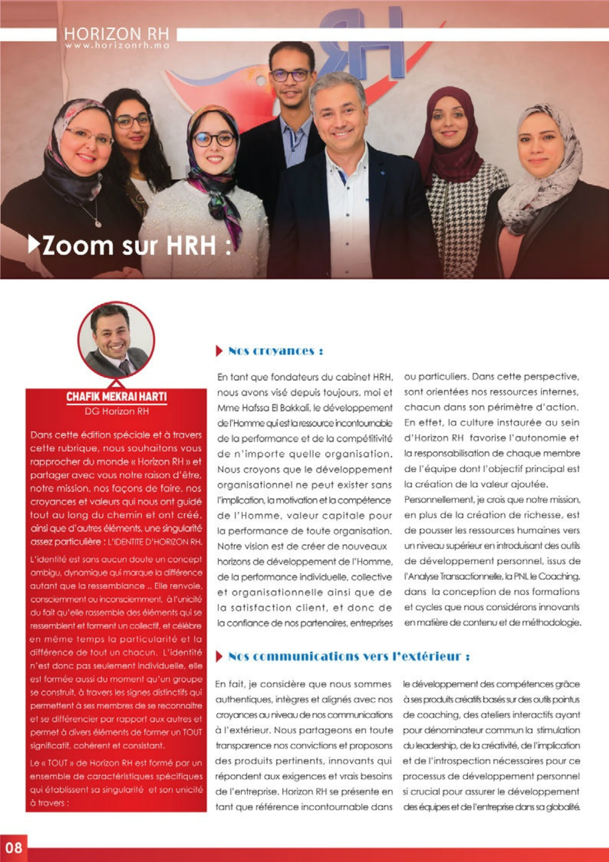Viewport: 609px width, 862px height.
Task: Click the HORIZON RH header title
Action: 116,34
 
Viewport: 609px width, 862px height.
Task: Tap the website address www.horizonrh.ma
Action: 117,45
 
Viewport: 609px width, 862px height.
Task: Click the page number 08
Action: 13,848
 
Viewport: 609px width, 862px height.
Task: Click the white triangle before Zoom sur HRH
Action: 34,244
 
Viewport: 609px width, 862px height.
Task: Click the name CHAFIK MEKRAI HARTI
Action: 116,397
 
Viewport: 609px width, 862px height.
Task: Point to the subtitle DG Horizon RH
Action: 116,411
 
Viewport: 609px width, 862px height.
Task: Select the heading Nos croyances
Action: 275,351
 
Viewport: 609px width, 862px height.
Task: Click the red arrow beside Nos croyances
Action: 219,351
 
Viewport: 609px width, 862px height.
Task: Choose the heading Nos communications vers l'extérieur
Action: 349,656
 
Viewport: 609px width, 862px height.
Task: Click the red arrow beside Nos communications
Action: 219,656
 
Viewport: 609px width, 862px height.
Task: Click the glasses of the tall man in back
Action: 290,75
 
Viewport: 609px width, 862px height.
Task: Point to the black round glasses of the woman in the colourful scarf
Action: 214,139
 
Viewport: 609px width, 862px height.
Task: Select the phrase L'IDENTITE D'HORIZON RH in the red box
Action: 155,542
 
